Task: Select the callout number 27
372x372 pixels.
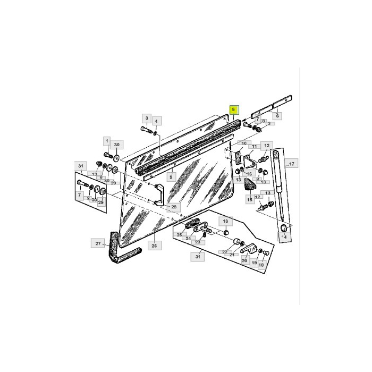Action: (x=98, y=244)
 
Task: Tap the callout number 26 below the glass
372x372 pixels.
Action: (x=154, y=246)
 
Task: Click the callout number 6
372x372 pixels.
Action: (x=277, y=115)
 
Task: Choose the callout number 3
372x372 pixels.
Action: (x=146, y=117)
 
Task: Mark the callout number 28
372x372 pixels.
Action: (x=174, y=207)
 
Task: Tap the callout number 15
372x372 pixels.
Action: (x=249, y=199)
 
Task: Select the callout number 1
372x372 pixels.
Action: (x=107, y=142)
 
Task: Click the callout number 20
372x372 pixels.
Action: (x=244, y=260)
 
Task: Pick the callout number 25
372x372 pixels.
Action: (x=179, y=234)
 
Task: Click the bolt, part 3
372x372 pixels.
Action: (x=147, y=129)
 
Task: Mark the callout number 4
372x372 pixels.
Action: (x=156, y=121)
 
